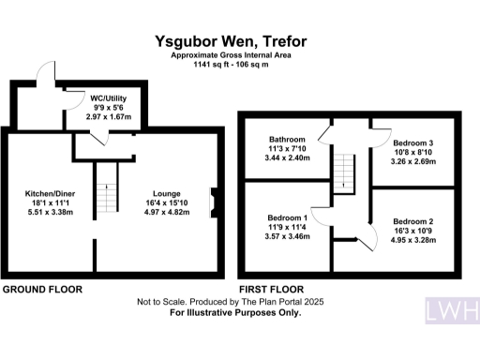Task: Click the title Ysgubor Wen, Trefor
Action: click(231, 41)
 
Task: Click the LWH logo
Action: click(453, 310)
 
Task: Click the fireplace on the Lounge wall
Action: click(214, 202)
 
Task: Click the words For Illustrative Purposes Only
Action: click(235, 313)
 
